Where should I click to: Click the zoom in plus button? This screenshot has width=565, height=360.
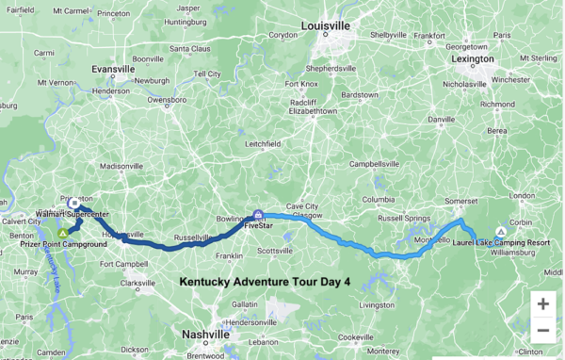pyautogui.click(x=542, y=303)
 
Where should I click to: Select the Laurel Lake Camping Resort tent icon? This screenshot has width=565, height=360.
pyautogui.click(x=500, y=231)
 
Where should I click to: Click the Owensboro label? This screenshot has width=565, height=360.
pyautogui.click(x=166, y=98)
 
